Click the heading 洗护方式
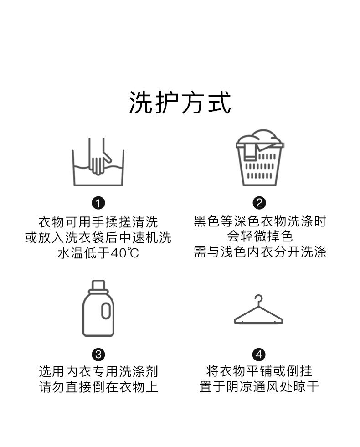coord(180,103)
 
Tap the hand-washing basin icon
coord(98,163)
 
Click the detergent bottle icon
coord(98,308)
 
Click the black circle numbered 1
coord(98,203)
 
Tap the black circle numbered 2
coord(259,203)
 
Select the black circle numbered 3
coord(98,354)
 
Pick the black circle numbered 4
coord(259,354)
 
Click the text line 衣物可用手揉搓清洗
coord(98,222)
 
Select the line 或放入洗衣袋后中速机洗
coord(98,237)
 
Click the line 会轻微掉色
coord(259,237)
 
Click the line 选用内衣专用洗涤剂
coord(98,371)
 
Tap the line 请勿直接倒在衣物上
coord(98,387)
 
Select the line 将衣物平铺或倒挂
coord(259,371)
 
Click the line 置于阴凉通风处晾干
coord(259,387)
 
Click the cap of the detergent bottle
coord(98,285)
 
